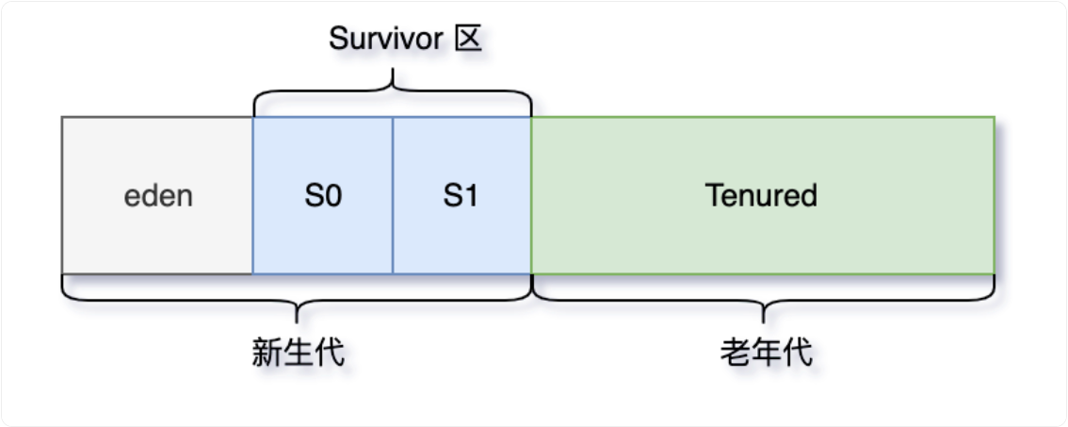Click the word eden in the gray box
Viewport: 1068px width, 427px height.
click(x=158, y=196)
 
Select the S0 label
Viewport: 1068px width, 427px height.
click(x=322, y=196)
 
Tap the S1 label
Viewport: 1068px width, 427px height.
click(x=461, y=196)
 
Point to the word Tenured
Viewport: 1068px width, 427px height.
click(x=761, y=196)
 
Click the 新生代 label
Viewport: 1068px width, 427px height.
click(x=298, y=352)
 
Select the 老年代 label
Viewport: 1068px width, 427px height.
click(x=765, y=352)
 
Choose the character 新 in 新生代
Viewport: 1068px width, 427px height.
click(x=267, y=352)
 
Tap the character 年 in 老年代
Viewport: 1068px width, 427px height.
click(x=765, y=352)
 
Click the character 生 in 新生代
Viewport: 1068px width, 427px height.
click(x=298, y=352)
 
